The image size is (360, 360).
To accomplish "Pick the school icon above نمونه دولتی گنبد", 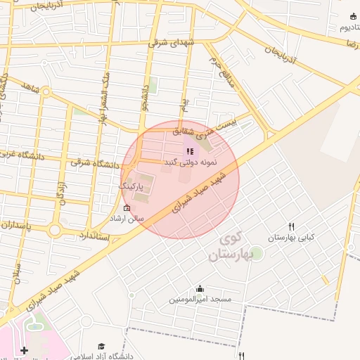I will coord(189,151).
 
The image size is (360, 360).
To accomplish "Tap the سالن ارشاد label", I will coord(126,219).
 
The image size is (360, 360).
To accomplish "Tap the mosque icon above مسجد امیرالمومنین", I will coord(200,288).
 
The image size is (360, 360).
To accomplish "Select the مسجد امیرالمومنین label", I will coord(200,300).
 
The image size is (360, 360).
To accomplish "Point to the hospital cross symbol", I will coord(25,349).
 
